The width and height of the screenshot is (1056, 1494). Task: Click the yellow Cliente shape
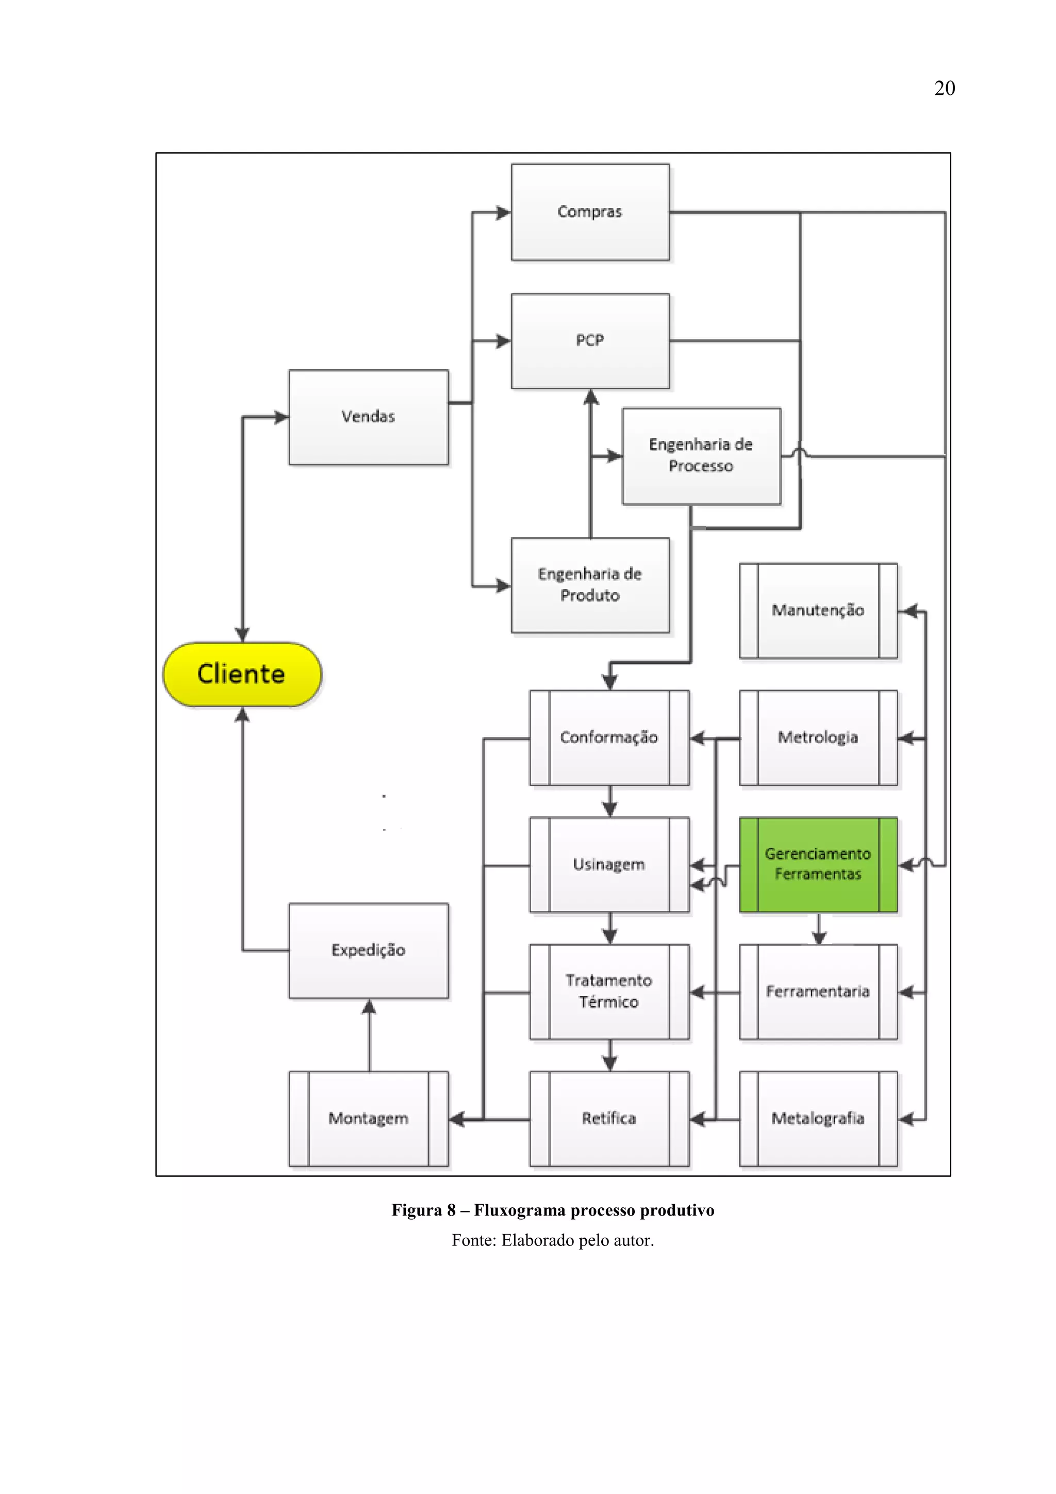[241, 674]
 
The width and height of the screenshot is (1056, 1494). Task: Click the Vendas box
[368, 417]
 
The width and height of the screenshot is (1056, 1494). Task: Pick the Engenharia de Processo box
[701, 455]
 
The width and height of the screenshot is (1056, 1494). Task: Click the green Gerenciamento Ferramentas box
[818, 864]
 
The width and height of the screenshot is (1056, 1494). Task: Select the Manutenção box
[818, 611]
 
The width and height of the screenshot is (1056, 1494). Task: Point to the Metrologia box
[818, 737]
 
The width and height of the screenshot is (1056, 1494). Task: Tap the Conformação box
[609, 737]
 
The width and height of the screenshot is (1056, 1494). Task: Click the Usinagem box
[609, 864]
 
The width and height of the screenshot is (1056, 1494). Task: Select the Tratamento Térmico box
[609, 991]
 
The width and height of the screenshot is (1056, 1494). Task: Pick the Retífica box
[609, 1119]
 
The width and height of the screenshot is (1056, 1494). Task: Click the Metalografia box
[818, 1119]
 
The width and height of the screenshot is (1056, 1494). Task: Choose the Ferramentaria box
[818, 991]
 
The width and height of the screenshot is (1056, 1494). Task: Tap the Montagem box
[368, 1119]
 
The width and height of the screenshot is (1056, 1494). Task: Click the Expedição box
[368, 950]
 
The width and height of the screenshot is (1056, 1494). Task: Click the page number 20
[944, 89]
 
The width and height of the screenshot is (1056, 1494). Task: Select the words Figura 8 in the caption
[423, 1210]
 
